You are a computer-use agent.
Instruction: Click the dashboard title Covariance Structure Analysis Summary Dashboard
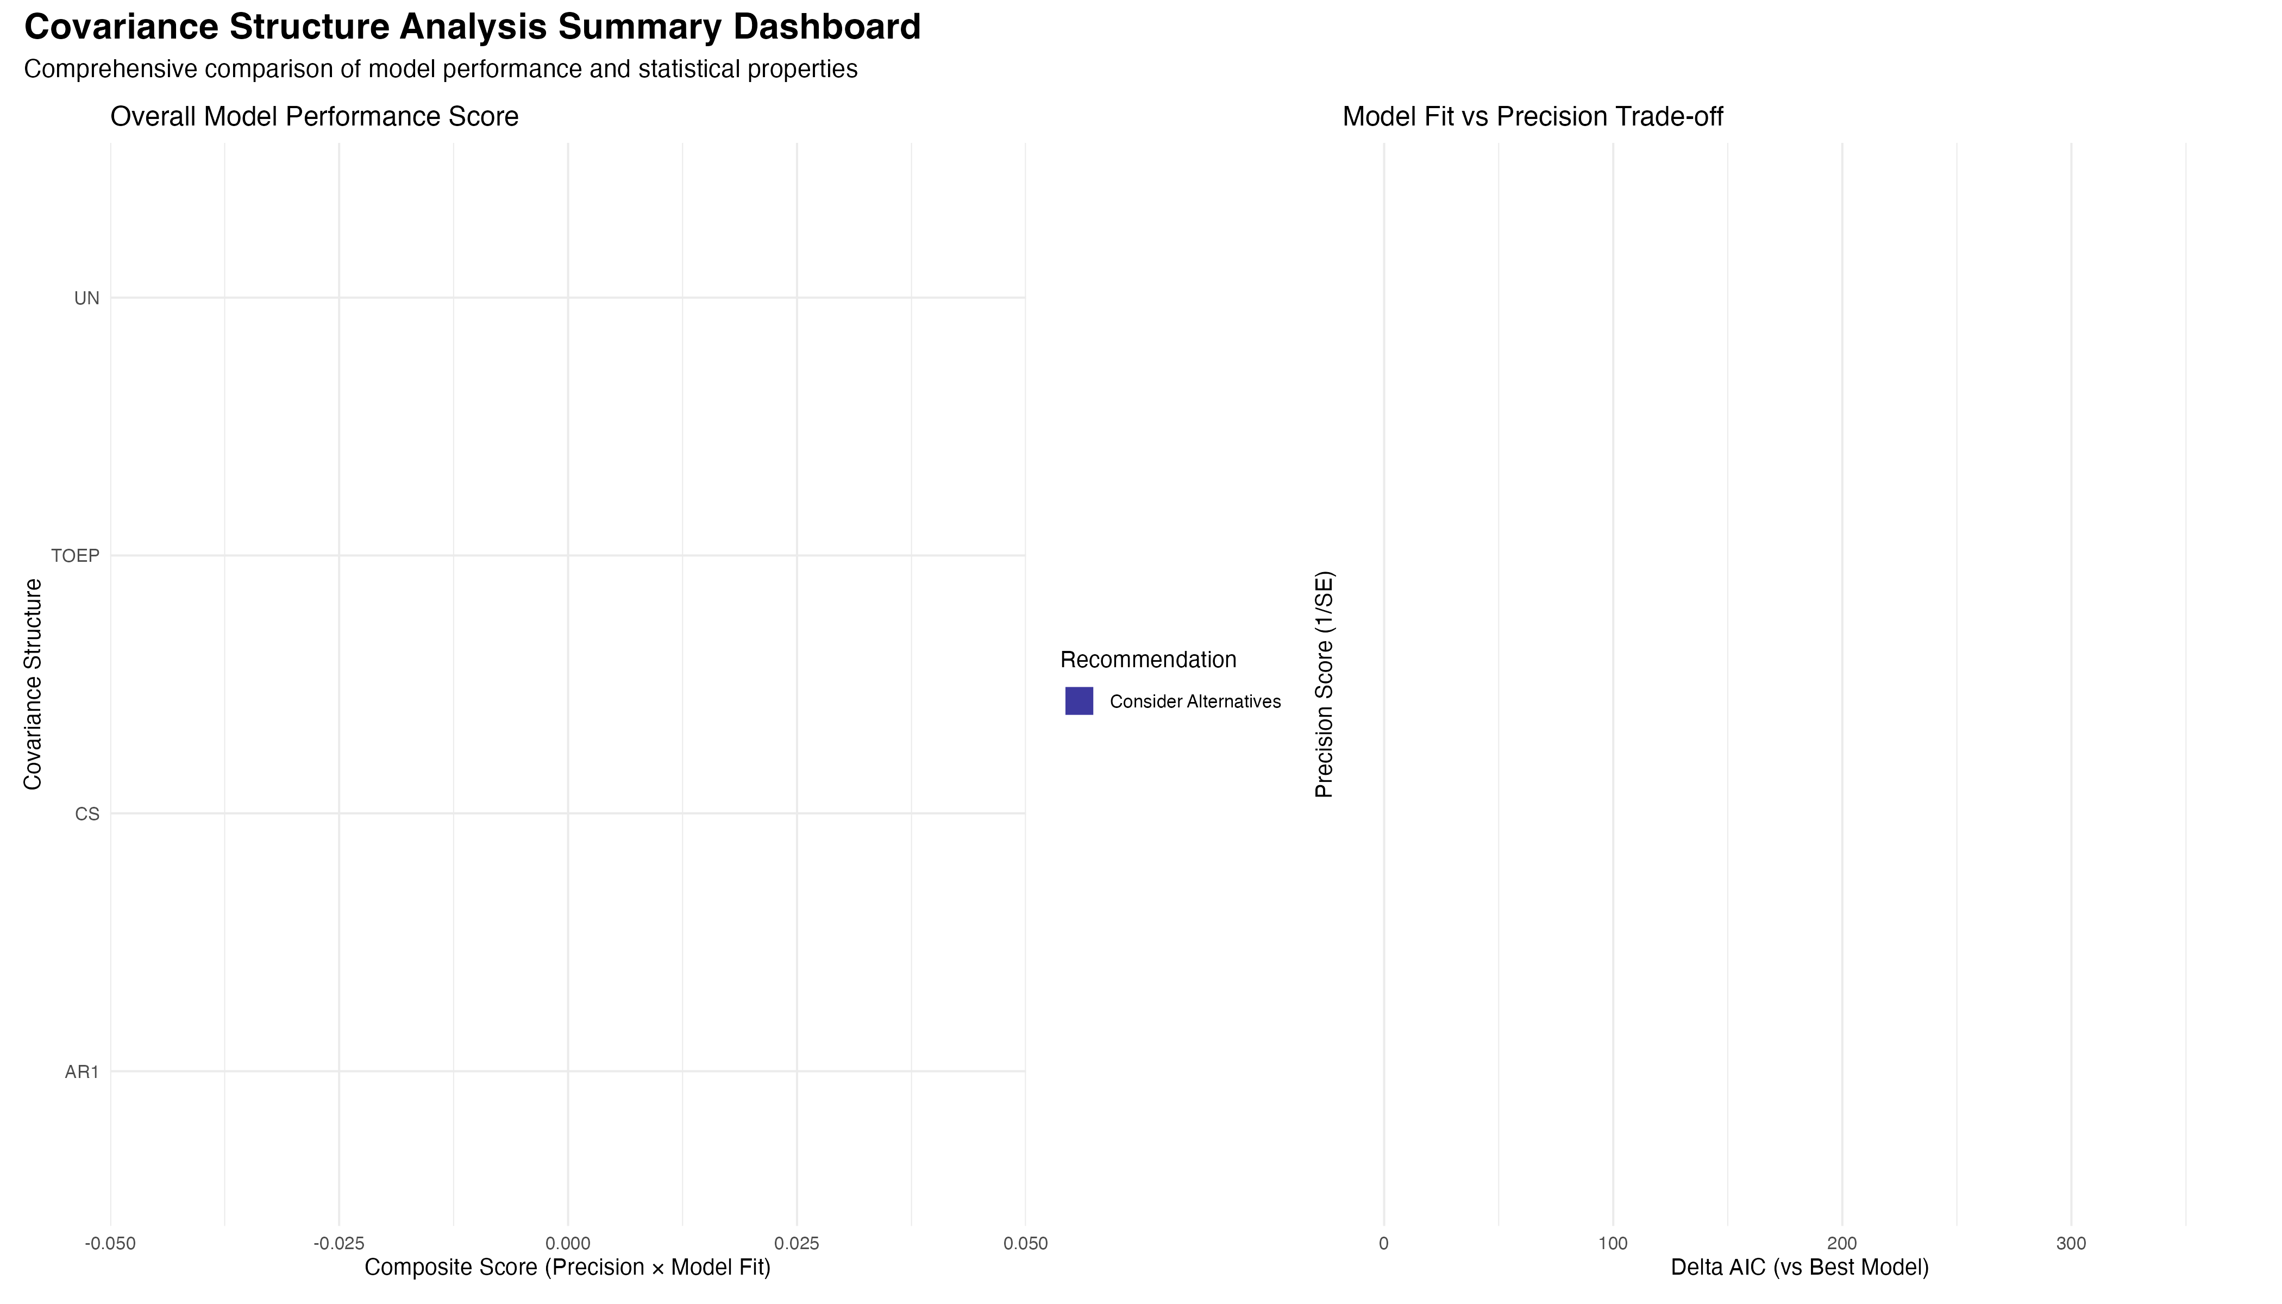click(472, 27)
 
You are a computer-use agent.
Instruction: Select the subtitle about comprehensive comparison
click(441, 69)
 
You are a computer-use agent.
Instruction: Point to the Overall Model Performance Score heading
click(315, 116)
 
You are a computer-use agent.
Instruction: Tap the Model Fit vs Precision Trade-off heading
click(1532, 116)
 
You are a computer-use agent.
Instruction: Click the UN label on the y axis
click(87, 298)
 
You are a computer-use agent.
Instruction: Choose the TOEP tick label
click(75, 556)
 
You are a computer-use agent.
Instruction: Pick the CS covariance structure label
click(87, 814)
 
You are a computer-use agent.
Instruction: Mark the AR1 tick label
click(81, 1072)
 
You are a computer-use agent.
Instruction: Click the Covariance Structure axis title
click(33, 684)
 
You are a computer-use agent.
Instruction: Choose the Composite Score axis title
click(568, 1267)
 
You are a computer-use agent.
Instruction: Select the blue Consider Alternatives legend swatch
click(1079, 701)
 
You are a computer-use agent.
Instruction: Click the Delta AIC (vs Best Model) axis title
click(1800, 1267)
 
